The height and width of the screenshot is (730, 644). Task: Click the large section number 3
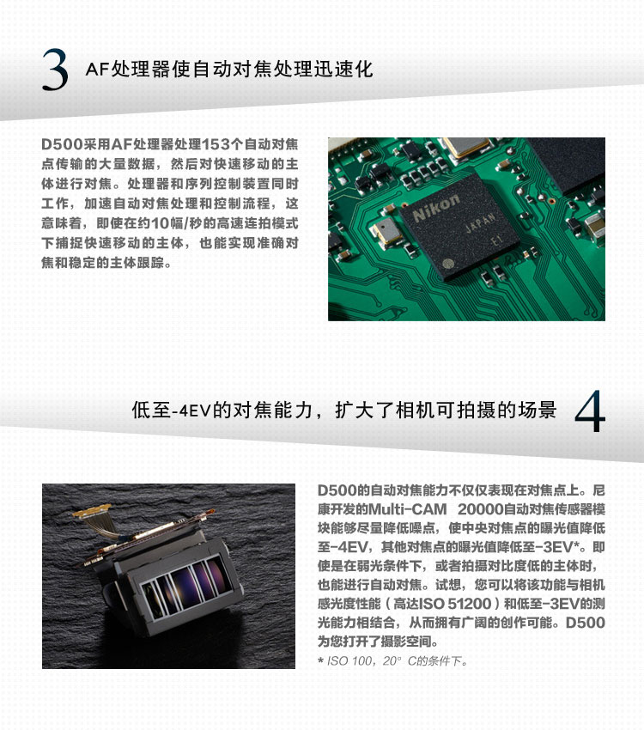pos(55,70)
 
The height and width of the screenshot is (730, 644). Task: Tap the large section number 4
pos(590,411)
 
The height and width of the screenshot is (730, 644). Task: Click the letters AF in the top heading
pos(97,70)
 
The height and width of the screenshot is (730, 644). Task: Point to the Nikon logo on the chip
pos(435,207)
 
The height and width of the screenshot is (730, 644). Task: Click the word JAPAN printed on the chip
pos(480,223)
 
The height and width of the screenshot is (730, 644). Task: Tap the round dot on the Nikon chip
pos(447,263)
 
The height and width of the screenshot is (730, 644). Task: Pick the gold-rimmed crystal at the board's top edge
pos(467,147)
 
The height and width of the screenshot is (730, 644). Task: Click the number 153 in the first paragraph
pos(216,144)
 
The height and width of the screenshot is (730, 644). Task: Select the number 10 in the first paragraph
pos(160,223)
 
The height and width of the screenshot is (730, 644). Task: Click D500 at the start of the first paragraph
pos(61,144)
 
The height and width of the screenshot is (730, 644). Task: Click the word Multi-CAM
pos(408,509)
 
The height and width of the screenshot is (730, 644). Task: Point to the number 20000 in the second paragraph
pos(481,509)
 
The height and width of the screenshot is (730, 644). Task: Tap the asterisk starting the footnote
pos(321,660)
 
